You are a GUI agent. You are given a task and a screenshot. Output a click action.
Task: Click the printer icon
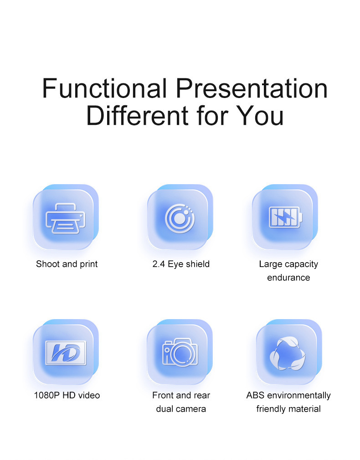(66, 218)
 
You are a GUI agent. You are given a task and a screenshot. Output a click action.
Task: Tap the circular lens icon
(180, 218)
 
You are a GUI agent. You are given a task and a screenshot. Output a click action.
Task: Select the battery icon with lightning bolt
(286, 217)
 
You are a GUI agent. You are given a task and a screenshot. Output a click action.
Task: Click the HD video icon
(66, 353)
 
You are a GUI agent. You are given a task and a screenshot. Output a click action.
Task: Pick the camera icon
(180, 352)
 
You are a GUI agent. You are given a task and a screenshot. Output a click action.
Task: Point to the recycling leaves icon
(287, 353)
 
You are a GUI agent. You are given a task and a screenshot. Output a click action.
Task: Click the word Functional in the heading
(105, 88)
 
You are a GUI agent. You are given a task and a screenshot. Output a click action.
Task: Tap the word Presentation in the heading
(252, 89)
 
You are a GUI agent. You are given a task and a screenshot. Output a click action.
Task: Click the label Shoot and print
(67, 264)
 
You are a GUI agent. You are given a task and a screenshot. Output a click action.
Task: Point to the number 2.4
(159, 264)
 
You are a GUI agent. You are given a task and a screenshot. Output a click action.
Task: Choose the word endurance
(288, 278)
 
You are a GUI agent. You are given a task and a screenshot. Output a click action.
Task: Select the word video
(89, 395)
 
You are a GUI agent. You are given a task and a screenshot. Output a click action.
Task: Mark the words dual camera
(181, 408)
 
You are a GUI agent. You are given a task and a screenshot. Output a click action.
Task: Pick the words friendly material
(288, 409)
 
